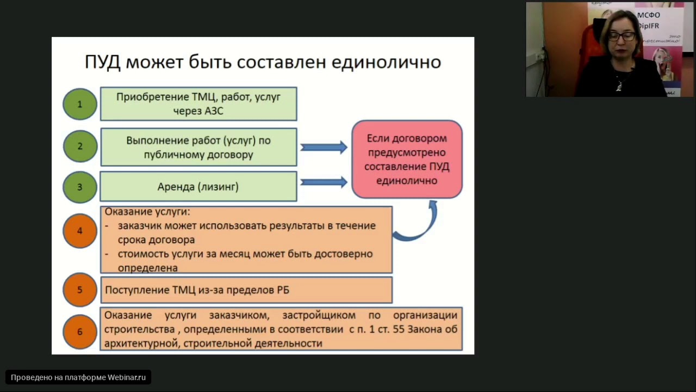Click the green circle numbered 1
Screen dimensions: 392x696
click(80, 104)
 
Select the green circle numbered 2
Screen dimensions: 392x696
click(80, 146)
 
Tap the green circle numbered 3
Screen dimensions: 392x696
click(80, 187)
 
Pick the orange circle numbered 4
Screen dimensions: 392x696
click(80, 230)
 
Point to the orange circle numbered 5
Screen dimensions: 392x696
click(80, 290)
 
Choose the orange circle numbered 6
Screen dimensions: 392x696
click(80, 331)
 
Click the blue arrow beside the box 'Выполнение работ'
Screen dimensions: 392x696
click(324, 147)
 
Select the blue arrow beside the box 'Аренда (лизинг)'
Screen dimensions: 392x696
click(324, 182)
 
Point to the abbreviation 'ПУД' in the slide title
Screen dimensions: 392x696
click(102, 62)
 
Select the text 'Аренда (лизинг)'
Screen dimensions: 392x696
click(198, 187)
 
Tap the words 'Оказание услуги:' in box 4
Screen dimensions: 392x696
click(147, 212)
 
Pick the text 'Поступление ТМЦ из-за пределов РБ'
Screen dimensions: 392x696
click(197, 290)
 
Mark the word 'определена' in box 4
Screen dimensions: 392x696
click(147, 268)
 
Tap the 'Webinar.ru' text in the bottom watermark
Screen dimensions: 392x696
click(127, 377)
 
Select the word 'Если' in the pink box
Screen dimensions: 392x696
click(379, 138)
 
